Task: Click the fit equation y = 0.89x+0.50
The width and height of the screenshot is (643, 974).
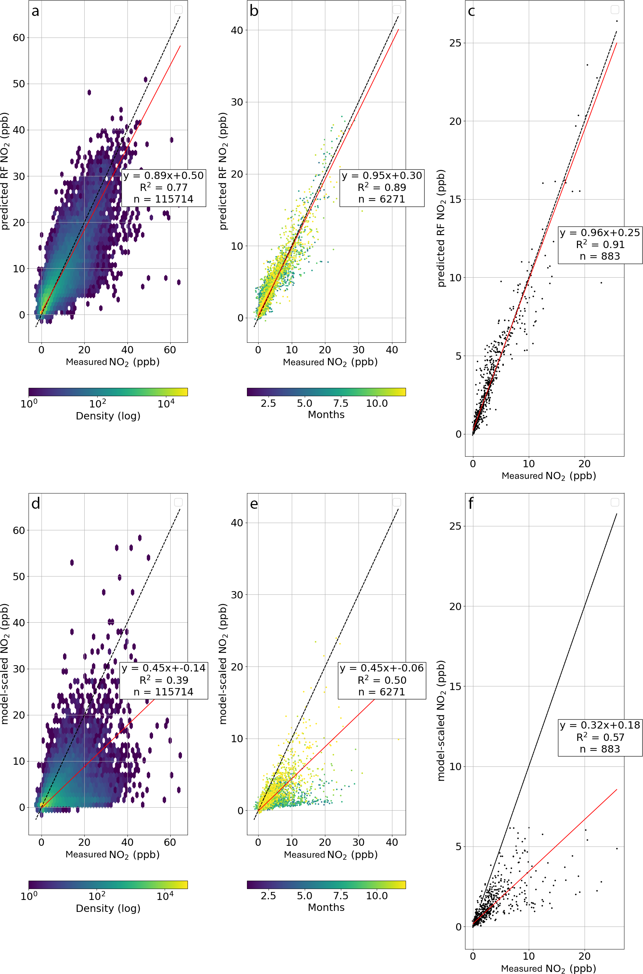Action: (x=164, y=176)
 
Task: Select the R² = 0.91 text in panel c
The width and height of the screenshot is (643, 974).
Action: (x=600, y=244)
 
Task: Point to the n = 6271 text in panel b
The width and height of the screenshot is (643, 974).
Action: (x=381, y=199)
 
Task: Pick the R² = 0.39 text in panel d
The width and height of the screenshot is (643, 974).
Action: (x=164, y=680)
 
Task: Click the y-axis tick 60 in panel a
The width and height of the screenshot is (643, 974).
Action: (x=19, y=38)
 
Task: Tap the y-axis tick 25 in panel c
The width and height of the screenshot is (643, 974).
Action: (x=455, y=43)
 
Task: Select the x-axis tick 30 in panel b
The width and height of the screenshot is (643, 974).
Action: (x=359, y=350)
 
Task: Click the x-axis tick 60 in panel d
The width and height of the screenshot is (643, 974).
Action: (x=170, y=843)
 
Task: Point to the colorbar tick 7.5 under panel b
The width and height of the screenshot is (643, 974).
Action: (x=341, y=403)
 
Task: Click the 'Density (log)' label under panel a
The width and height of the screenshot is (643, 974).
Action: (x=108, y=416)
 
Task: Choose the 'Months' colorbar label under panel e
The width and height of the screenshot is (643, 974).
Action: (x=326, y=907)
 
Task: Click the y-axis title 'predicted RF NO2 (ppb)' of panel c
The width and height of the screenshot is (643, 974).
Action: (x=441, y=228)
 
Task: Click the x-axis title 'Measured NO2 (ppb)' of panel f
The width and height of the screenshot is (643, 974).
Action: (x=548, y=969)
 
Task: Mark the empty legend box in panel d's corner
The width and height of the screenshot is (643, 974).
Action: (x=178, y=502)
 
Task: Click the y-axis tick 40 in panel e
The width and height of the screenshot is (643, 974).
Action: (x=237, y=523)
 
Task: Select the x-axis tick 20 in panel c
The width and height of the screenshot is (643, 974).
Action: (x=584, y=464)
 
